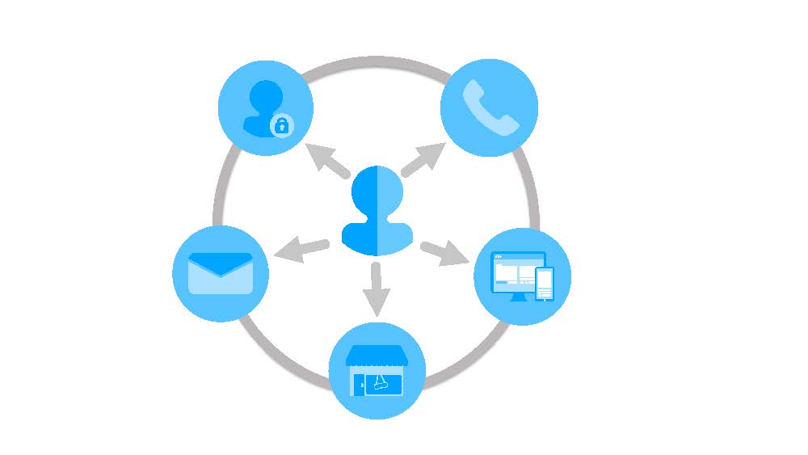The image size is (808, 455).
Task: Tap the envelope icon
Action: [221, 273]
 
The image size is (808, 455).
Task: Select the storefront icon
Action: [377, 371]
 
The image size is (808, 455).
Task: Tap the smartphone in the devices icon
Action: [545, 283]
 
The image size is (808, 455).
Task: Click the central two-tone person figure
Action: [377, 212]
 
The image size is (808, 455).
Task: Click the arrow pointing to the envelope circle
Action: [302, 250]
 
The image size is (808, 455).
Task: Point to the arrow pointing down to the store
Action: [374, 289]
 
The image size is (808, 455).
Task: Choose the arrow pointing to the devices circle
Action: [444, 253]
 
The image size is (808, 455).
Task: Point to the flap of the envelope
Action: [221, 263]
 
